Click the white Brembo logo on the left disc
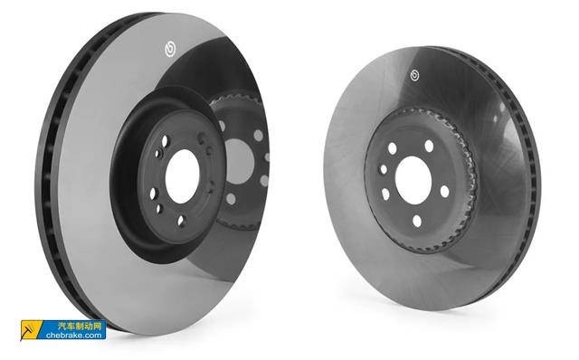pos(170,49)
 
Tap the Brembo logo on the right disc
pos(414,75)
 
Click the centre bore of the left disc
pos(183,176)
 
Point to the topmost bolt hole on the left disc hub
pos(165,141)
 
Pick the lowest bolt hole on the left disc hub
pos(181,221)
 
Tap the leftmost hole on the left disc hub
pos(153,194)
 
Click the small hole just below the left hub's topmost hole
pos(159,153)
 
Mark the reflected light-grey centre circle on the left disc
pos(239,161)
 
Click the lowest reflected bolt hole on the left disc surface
pos(231,199)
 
